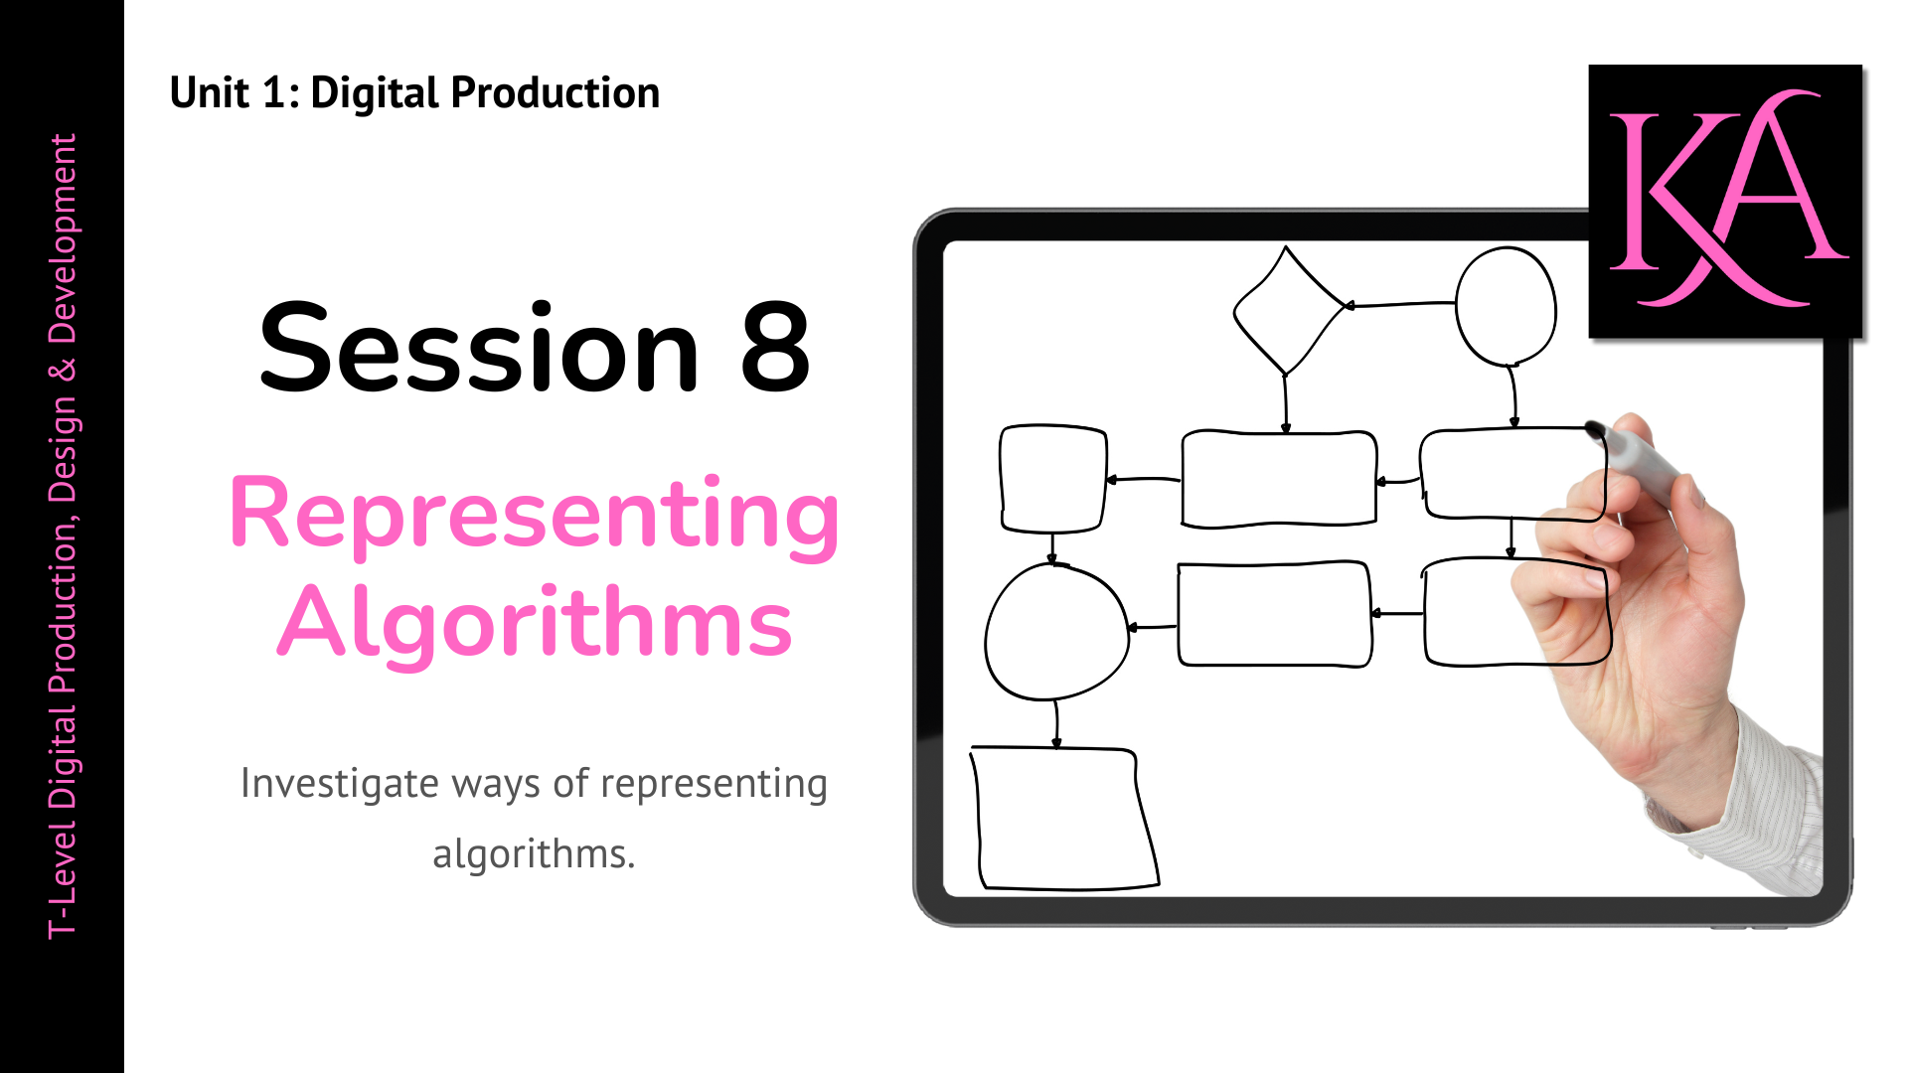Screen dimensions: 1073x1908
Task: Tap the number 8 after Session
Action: point(775,349)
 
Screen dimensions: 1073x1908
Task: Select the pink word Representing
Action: point(535,515)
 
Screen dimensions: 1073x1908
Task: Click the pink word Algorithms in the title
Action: point(535,623)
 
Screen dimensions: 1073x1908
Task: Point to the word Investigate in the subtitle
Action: point(339,784)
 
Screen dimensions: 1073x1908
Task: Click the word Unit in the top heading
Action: point(209,93)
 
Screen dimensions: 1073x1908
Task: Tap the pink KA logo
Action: point(1725,202)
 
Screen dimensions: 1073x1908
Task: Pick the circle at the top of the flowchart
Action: point(1506,307)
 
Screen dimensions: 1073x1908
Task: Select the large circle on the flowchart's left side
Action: point(1056,633)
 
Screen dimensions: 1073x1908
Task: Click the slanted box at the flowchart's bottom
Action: point(1061,818)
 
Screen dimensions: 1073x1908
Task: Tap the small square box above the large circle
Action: point(1052,479)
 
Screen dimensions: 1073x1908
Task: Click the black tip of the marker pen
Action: point(1595,430)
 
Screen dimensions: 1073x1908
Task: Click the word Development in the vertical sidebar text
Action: point(63,238)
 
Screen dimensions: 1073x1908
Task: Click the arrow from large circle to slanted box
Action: point(1056,723)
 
